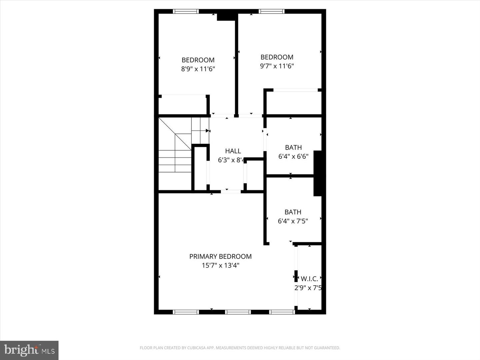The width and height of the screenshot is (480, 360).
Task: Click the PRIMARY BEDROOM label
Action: [220, 256]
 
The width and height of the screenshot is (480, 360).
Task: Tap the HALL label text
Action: [233, 151]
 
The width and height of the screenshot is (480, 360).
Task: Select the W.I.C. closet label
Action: [309, 279]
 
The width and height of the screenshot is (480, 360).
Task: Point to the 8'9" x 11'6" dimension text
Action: [198, 69]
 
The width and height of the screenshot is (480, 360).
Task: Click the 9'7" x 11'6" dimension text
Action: [277, 66]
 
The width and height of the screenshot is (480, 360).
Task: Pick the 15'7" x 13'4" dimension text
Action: [220, 265]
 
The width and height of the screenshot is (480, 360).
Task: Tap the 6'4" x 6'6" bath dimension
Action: [293, 156]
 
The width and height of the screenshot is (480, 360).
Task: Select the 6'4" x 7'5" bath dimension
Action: [293, 221]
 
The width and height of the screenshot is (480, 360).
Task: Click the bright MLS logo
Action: [29, 350]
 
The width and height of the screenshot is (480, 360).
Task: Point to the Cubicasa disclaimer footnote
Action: [240, 348]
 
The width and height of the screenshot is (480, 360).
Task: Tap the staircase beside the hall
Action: [175, 153]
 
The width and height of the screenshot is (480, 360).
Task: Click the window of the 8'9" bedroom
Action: [186, 11]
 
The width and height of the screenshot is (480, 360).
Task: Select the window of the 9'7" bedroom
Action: [272, 11]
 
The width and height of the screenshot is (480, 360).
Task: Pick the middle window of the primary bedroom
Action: [238, 312]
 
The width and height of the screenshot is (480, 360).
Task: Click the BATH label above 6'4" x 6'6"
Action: [293, 147]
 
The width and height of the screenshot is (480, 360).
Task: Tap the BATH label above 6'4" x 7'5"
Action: [293, 212]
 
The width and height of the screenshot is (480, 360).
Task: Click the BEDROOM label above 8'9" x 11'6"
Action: [198, 60]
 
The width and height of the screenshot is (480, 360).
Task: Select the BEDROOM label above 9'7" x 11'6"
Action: [277, 57]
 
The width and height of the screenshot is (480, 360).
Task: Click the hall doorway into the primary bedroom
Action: [231, 191]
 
